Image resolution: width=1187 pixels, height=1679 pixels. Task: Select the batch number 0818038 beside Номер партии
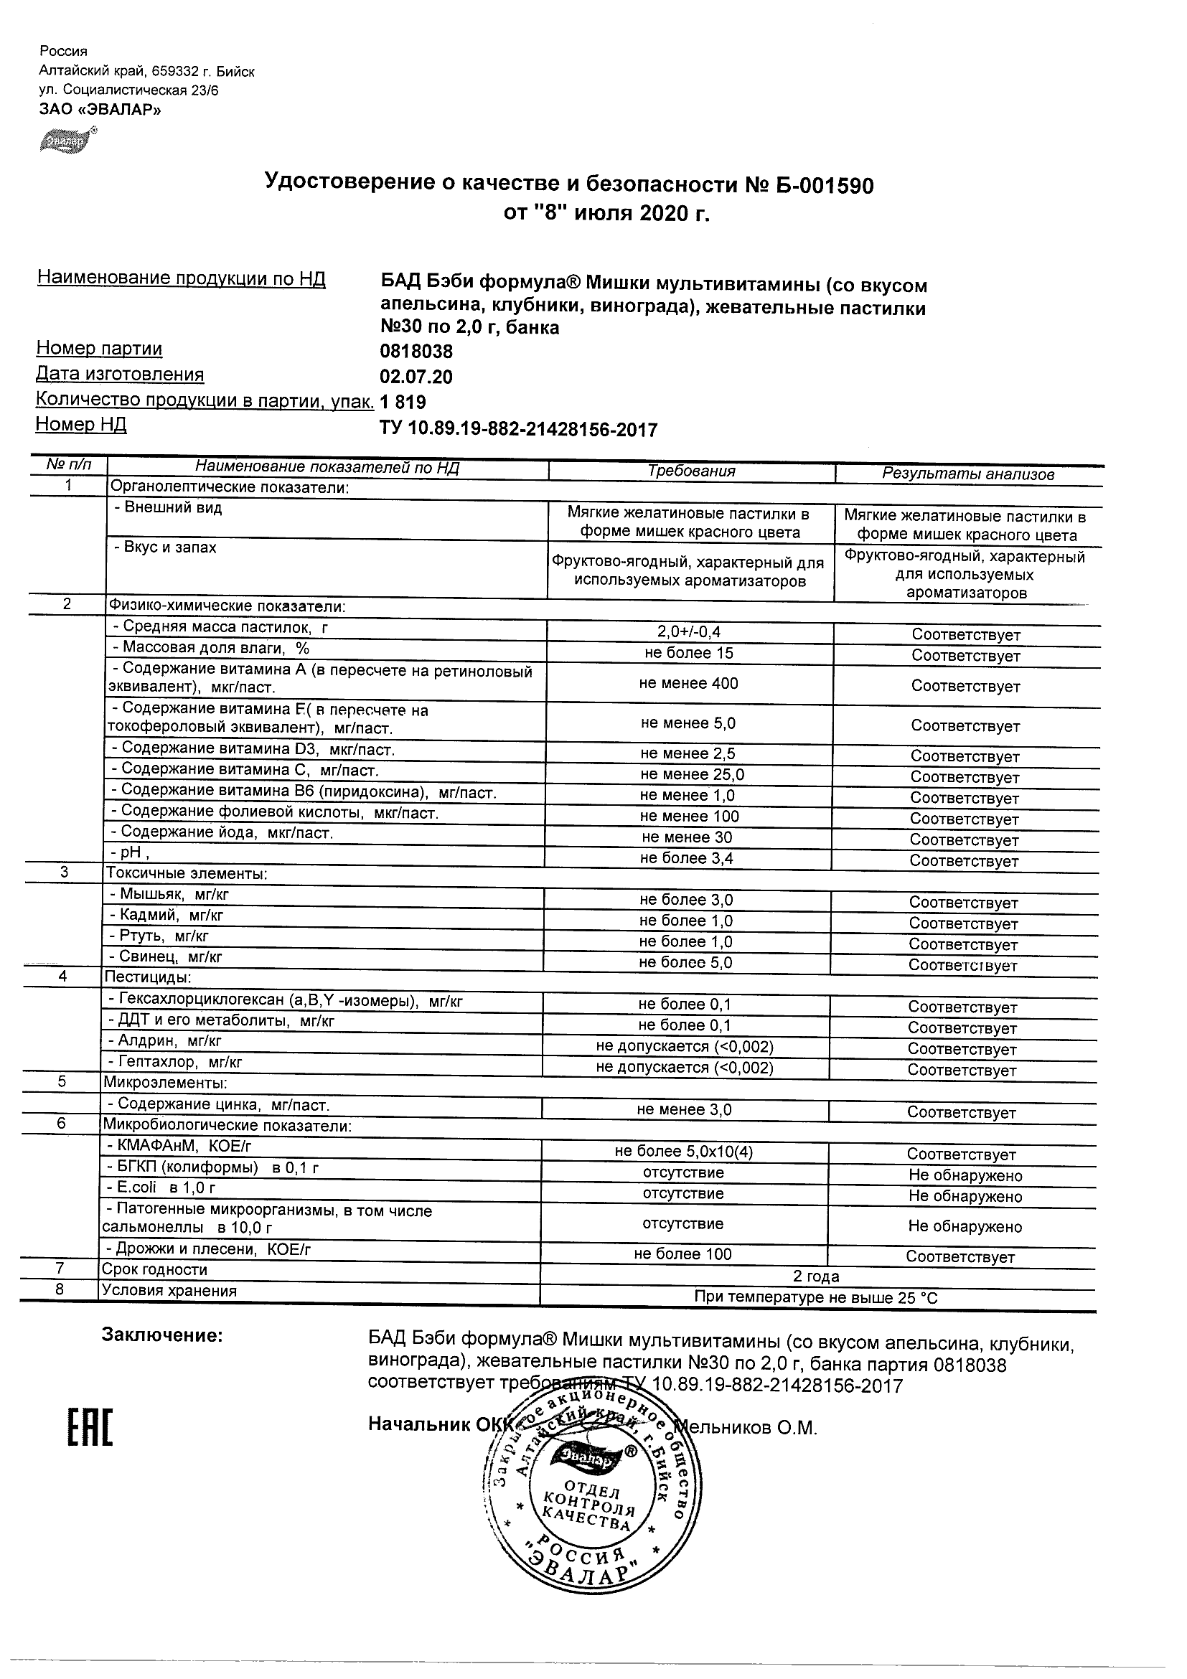tap(416, 352)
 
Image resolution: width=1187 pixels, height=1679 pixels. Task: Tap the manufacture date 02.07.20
tap(416, 377)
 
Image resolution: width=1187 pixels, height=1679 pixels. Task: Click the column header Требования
tap(691, 471)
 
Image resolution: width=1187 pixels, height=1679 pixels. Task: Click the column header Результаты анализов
tap(967, 474)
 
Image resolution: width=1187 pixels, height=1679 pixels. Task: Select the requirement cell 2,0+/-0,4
tap(690, 632)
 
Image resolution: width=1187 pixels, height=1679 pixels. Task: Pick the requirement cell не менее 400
tap(688, 683)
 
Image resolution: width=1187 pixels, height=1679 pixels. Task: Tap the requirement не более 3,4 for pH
tap(686, 857)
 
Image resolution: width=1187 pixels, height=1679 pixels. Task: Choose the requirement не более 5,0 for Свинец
tap(685, 962)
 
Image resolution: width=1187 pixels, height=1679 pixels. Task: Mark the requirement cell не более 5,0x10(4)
tap(684, 1152)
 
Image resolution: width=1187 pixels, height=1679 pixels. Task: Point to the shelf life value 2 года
tap(816, 1276)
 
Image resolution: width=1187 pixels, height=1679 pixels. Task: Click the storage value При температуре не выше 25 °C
tap(815, 1298)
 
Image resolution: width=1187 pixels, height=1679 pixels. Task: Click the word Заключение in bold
tap(161, 1335)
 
